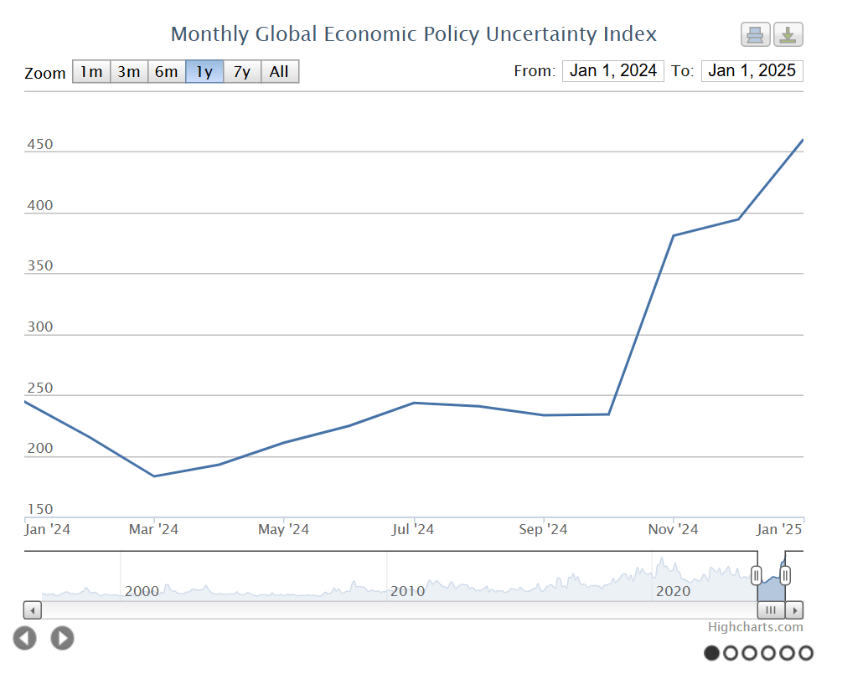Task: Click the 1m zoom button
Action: pyautogui.click(x=91, y=72)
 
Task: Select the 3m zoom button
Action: pyautogui.click(x=129, y=72)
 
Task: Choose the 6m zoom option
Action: pyautogui.click(x=167, y=72)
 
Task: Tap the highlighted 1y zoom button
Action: pyautogui.click(x=204, y=72)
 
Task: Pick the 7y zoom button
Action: pyautogui.click(x=242, y=72)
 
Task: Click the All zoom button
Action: pyautogui.click(x=280, y=72)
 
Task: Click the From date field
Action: pyautogui.click(x=613, y=71)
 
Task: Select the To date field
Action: pyautogui.click(x=752, y=71)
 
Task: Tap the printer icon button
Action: pyautogui.click(x=755, y=35)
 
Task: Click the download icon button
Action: pyautogui.click(x=788, y=35)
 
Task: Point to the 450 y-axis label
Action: pyautogui.click(x=39, y=145)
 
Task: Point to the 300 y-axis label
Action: pyautogui.click(x=39, y=327)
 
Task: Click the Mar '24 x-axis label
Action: pyautogui.click(x=154, y=530)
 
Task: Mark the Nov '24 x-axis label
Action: pyautogui.click(x=674, y=530)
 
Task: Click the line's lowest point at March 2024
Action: pyautogui.click(x=154, y=476)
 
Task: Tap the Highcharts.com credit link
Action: pyautogui.click(x=755, y=627)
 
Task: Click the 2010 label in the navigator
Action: pyautogui.click(x=408, y=592)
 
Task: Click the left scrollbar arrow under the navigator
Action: pyautogui.click(x=33, y=610)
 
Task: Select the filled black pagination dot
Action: pyautogui.click(x=712, y=653)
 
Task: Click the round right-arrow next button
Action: pyautogui.click(x=62, y=639)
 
